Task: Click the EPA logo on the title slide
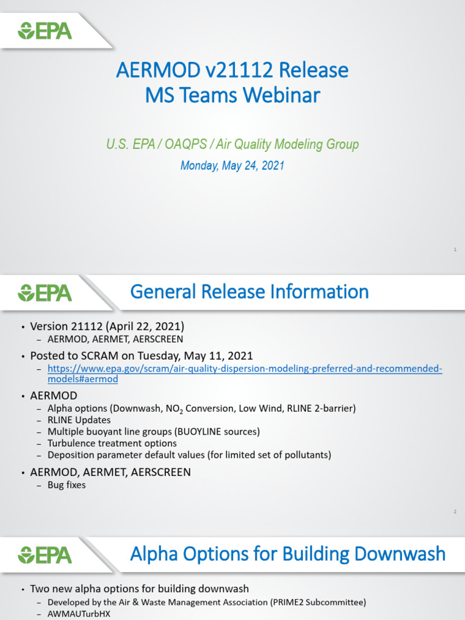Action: coord(45,30)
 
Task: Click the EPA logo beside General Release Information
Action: coord(45,293)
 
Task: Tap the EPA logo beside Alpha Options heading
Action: coord(45,555)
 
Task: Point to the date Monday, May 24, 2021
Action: coord(232,165)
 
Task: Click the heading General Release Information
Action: coord(249,292)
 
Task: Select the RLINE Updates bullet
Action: coord(79,420)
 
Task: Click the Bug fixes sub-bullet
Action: coord(67,485)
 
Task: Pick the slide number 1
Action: coord(454,249)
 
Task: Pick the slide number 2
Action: coord(454,512)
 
